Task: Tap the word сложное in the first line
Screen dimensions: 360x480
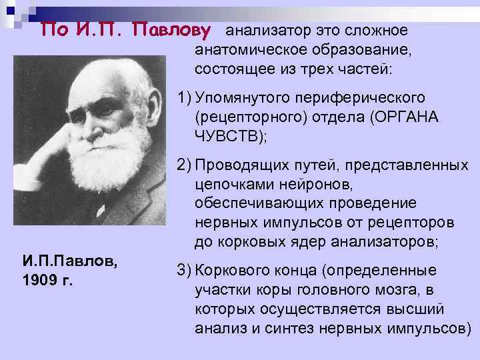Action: [375, 31]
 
